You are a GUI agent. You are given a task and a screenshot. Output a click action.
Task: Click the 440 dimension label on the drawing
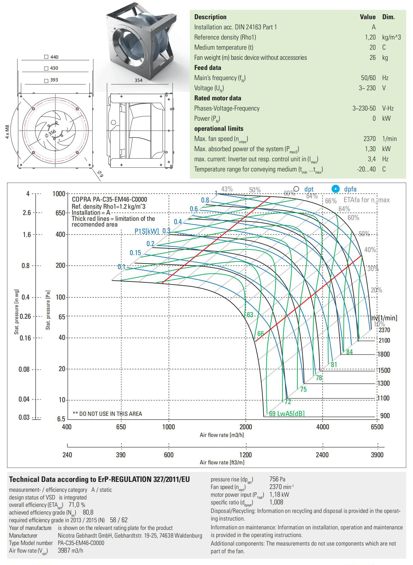click(x=54, y=57)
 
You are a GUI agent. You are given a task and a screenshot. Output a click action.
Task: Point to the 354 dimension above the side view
click(x=139, y=80)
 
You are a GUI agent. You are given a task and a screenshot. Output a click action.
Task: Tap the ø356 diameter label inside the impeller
click(x=51, y=133)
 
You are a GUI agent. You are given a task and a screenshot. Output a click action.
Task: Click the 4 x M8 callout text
click(x=7, y=132)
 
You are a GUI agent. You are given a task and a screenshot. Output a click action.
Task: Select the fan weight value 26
click(x=372, y=58)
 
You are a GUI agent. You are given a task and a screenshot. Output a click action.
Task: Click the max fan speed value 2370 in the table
click(x=369, y=139)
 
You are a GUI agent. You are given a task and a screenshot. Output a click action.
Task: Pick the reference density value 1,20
click(x=370, y=37)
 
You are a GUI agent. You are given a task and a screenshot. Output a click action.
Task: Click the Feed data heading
click(x=207, y=68)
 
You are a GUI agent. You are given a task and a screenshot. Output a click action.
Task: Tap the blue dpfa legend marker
click(x=335, y=189)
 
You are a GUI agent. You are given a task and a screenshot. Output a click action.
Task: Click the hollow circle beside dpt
click(x=296, y=189)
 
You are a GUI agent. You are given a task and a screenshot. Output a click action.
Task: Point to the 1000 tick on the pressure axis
click(x=59, y=194)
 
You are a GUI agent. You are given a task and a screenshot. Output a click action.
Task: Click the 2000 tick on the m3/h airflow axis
click(x=246, y=427)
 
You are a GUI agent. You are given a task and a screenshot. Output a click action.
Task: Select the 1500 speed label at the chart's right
click(x=384, y=370)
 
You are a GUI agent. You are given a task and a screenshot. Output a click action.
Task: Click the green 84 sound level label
click(x=349, y=352)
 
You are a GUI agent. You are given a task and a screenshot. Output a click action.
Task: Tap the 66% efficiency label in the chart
click(x=331, y=201)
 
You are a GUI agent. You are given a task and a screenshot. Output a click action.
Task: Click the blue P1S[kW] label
click(x=147, y=231)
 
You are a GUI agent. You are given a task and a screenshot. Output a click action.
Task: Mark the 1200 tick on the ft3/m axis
click(x=246, y=455)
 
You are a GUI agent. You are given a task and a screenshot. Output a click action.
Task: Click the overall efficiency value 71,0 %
click(x=77, y=505)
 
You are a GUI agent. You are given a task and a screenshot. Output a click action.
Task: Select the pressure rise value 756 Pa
click(x=277, y=479)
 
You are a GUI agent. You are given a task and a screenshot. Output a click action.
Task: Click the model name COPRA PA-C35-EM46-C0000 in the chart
click(x=109, y=199)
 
